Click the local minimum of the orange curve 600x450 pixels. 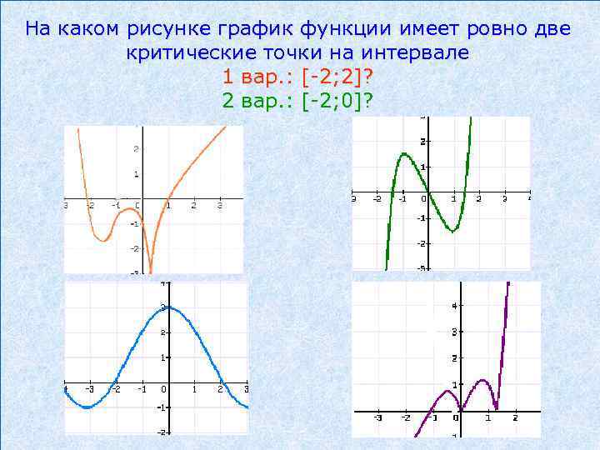(x=102, y=240)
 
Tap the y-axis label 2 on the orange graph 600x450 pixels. (x=135, y=149)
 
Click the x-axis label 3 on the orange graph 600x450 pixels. (x=219, y=206)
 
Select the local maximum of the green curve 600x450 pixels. (x=403, y=153)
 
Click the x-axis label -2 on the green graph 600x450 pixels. (x=377, y=200)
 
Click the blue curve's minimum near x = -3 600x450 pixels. (x=87, y=407)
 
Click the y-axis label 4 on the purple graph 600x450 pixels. (x=453, y=306)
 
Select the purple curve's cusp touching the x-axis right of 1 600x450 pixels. (x=497, y=408)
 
